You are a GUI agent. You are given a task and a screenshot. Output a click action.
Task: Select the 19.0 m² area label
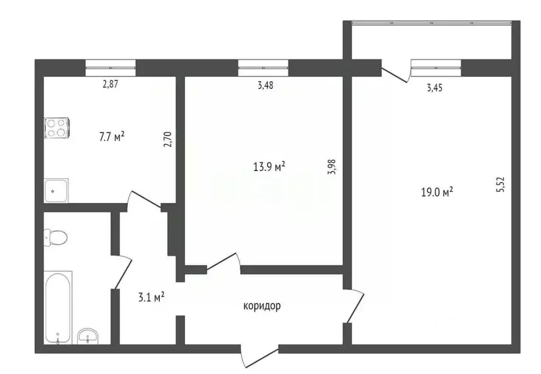[x=436, y=193]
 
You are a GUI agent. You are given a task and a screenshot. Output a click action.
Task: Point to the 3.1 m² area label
[x=150, y=297]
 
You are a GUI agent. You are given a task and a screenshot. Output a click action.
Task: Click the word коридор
[x=262, y=306]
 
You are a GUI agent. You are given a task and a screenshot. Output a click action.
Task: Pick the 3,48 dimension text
[x=265, y=86]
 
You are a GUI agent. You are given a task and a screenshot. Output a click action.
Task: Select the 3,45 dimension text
[x=434, y=88]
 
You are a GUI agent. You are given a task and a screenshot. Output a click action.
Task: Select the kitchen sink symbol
[x=56, y=190]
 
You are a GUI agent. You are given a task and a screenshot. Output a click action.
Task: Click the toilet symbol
[x=55, y=237]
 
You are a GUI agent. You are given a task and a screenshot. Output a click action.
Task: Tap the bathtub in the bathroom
[x=58, y=306]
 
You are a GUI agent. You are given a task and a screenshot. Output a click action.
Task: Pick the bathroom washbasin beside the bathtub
[x=88, y=335]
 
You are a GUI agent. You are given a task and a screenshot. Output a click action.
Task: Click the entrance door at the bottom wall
[x=259, y=356]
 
